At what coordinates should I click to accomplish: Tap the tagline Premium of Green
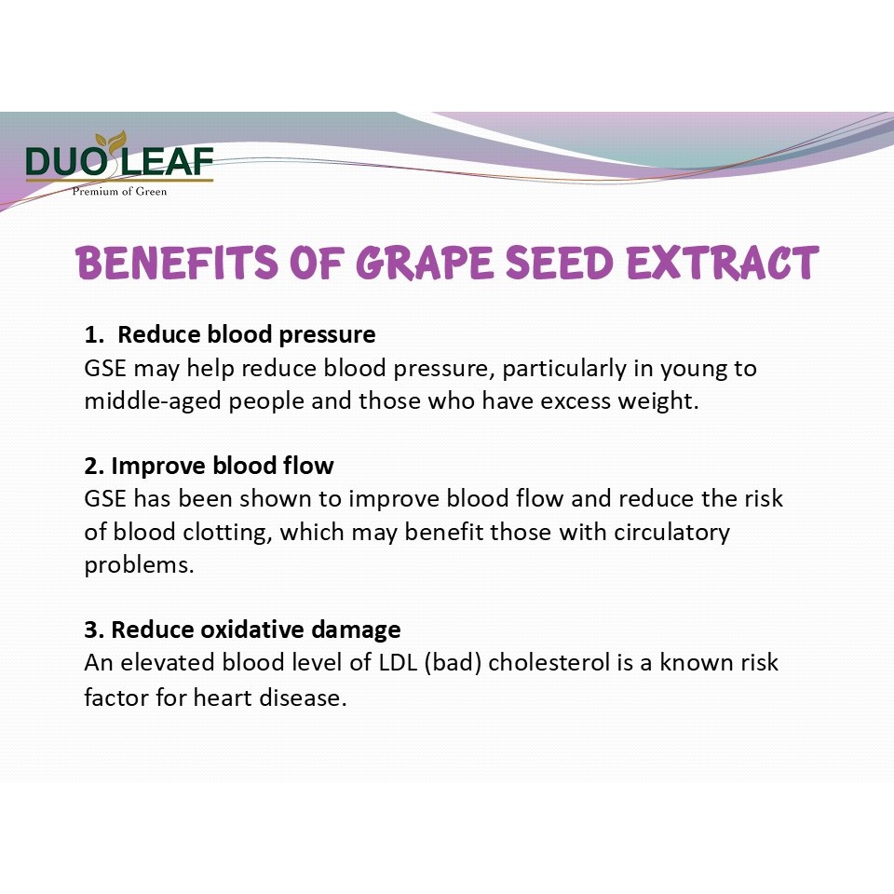pyautogui.click(x=120, y=192)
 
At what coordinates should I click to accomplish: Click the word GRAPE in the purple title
pyautogui.click(x=425, y=263)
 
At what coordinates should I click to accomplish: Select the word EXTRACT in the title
pyautogui.click(x=723, y=263)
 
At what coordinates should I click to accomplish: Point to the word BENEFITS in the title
pyautogui.click(x=177, y=263)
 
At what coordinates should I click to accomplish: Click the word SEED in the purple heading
pyautogui.click(x=560, y=263)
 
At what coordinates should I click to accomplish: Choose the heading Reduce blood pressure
pyautogui.click(x=246, y=334)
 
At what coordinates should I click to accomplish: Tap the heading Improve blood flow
pyautogui.click(x=223, y=466)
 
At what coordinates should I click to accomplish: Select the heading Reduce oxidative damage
pyautogui.click(x=256, y=630)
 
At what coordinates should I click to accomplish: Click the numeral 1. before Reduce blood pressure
pyautogui.click(x=94, y=335)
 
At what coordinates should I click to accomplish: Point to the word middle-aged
pyautogui.click(x=153, y=401)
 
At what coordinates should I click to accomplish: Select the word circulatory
pyautogui.click(x=671, y=533)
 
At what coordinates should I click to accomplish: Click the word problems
pyautogui.click(x=139, y=565)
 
